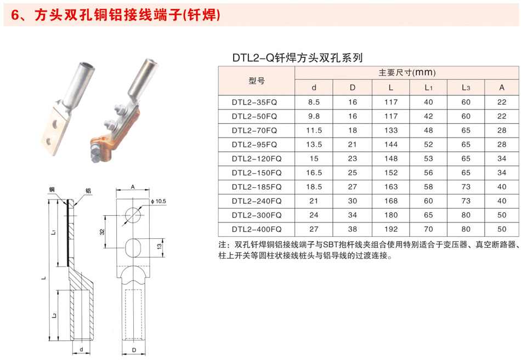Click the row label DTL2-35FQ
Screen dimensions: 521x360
254,102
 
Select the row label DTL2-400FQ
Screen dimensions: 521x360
257,229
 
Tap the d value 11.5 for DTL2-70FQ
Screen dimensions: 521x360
314,130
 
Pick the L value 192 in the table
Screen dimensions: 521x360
390,229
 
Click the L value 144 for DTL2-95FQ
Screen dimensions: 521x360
390,145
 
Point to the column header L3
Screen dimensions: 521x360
466,87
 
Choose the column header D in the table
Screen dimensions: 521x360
353,87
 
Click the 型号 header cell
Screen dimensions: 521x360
257,81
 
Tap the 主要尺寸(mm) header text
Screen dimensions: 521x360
407,72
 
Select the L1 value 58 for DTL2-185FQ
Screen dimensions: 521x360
428,187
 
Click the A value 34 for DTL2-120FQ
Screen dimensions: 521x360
502,159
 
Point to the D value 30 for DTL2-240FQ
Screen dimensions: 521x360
353,201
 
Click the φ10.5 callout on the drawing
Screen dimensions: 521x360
158,201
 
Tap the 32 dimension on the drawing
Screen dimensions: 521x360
102,231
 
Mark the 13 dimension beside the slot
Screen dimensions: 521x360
159,247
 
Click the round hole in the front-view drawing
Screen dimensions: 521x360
133,215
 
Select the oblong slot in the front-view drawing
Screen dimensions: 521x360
133,248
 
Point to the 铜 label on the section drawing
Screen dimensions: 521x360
52,190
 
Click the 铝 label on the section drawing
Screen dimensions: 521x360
88,191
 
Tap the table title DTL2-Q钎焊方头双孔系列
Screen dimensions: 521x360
297,58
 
